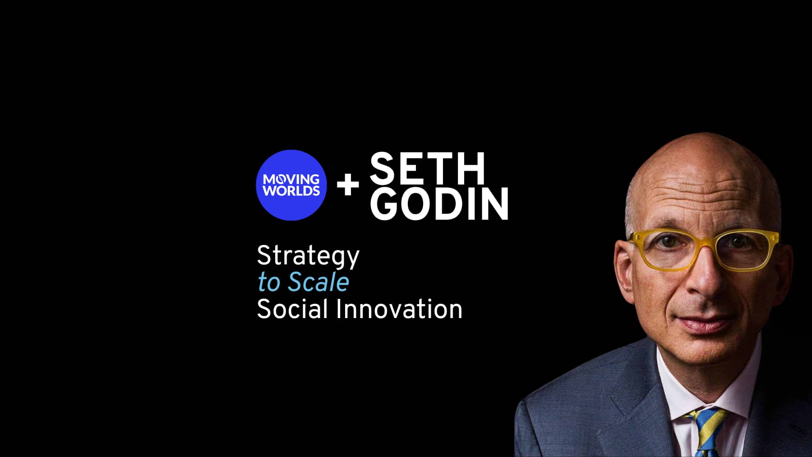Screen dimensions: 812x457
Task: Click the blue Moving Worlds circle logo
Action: click(x=291, y=185)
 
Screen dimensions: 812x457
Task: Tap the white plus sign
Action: click(x=348, y=185)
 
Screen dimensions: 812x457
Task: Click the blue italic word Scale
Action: click(x=318, y=282)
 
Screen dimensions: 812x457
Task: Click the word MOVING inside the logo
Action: click(x=291, y=180)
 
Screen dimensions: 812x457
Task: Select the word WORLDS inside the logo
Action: click(x=291, y=191)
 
